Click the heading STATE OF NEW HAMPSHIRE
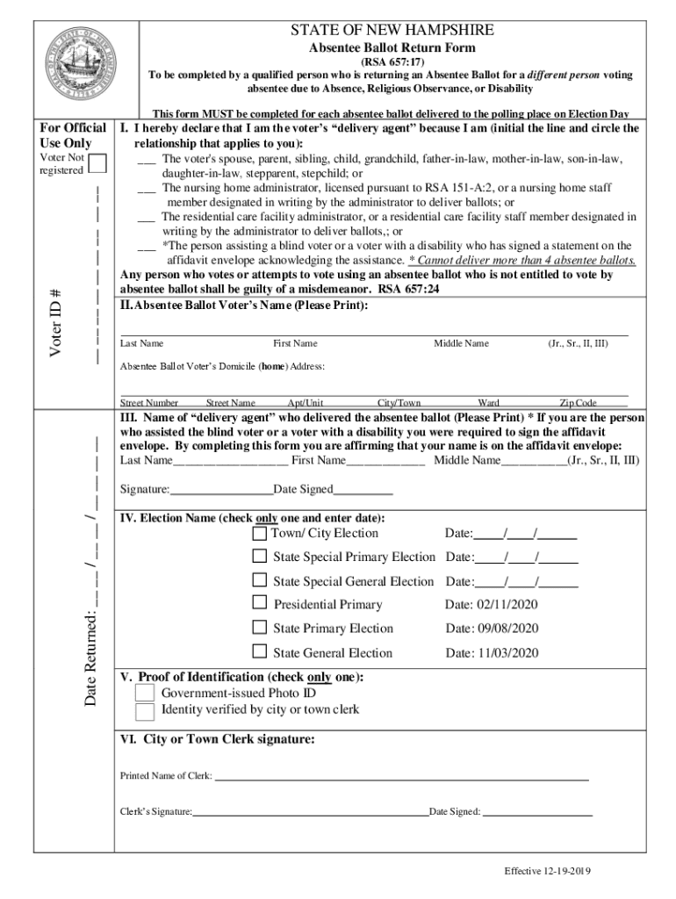[392, 31]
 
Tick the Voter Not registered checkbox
[98, 164]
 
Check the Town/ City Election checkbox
[260, 533]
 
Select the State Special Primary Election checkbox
[260, 556]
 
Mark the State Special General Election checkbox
[260, 580]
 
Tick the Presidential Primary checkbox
[260, 603]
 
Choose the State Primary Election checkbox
[260, 627]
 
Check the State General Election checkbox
[260, 651]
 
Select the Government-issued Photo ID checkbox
[145, 694]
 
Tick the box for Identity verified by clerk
[145, 710]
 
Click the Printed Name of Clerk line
[401, 777]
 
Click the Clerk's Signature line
[310, 813]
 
